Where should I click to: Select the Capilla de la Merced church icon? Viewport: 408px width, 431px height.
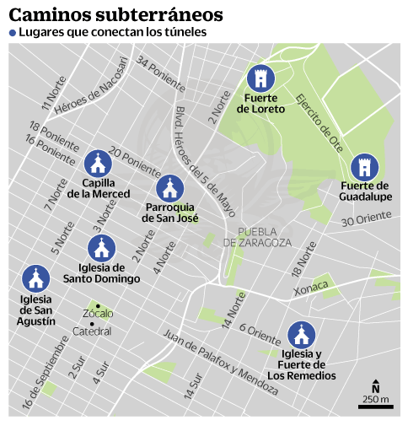[x=99, y=162]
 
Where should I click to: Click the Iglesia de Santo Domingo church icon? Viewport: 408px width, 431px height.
[x=101, y=248]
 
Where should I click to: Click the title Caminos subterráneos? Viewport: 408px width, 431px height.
[x=116, y=14]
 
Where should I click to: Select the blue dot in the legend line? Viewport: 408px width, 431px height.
[x=13, y=33]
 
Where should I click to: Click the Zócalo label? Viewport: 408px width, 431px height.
[x=98, y=314]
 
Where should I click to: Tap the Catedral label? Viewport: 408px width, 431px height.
[x=93, y=331]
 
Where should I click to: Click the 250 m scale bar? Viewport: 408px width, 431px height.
[x=375, y=407]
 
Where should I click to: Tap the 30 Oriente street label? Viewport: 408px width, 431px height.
[x=367, y=219]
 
